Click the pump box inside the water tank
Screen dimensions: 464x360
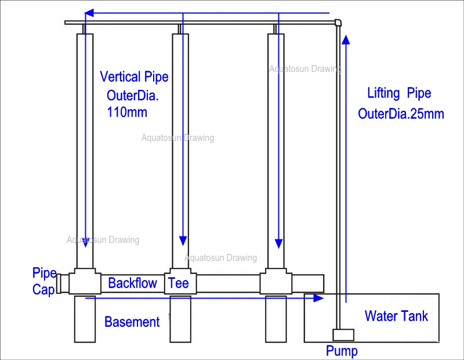click(343, 335)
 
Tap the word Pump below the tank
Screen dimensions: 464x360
click(342, 351)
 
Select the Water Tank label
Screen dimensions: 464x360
click(396, 316)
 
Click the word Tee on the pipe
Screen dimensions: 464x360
click(179, 283)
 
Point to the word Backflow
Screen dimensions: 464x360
click(133, 283)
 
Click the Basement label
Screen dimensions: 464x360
click(132, 322)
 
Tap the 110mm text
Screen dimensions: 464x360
click(127, 112)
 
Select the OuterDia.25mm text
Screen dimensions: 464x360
click(401, 114)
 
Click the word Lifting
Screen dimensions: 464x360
click(383, 93)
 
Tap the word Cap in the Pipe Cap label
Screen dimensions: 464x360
click(43, 290)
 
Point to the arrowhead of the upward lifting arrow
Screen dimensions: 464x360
click(346, 39)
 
